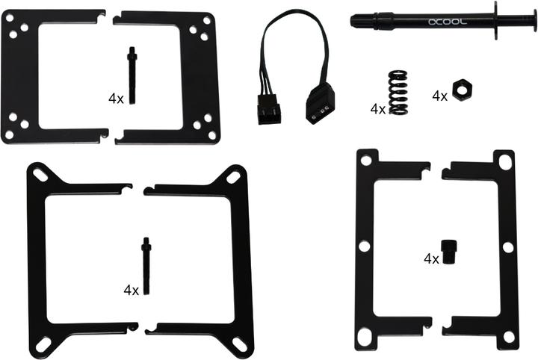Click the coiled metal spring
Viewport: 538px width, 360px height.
pyautogui.click(x=398, y=92)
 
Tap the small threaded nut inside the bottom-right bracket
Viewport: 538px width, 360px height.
pyautogui.click(x=448, y=253)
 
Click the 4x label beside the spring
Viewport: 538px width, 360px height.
pyautogui.click(x=378, y=109)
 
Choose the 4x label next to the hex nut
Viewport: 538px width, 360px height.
pyautogui.click(x=440, y=96)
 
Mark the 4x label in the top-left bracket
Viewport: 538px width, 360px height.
pyautogui.click(x=116, y=98)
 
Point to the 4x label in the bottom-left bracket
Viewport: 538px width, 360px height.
pyautogui.click(x=132, y=289)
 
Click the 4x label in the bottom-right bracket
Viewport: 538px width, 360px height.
pyautogui.click(x=431, y=259)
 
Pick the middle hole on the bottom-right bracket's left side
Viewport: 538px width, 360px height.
pyautogui.click(x=365, y=246)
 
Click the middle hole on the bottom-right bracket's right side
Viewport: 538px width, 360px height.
pyautogui.click(x=507, y=246)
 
